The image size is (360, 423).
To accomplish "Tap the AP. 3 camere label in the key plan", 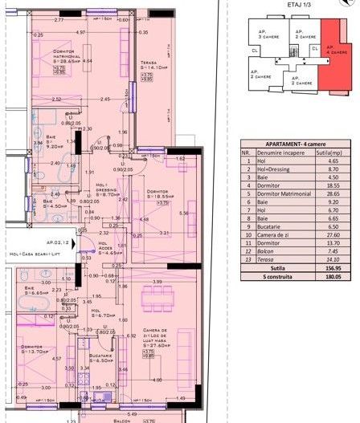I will [264, 35].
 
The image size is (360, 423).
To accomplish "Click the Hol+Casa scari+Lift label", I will [35, 254].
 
